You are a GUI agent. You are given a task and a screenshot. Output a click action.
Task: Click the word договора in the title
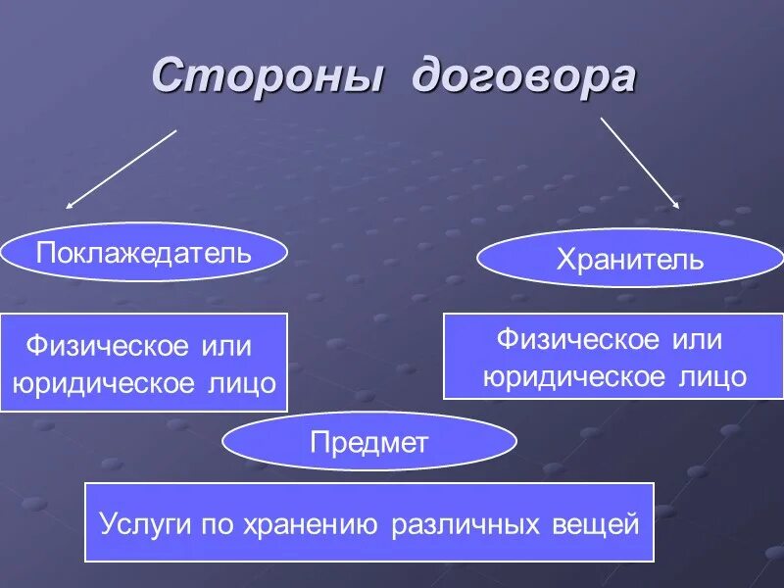523,78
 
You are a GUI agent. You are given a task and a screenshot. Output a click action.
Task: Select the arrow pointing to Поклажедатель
122,169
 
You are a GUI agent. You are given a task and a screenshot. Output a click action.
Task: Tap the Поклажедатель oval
144,253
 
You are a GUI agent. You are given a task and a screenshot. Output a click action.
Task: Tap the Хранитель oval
629,259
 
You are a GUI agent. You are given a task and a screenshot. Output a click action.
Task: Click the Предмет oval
369,442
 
